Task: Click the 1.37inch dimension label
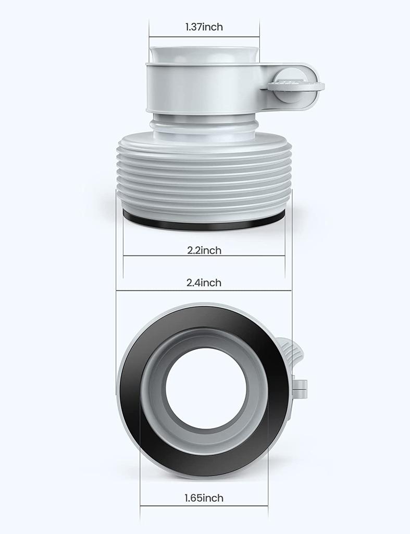(x=204, y=27)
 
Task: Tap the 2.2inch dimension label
(x=204, y=250)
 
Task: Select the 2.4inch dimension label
(x=204, y=283)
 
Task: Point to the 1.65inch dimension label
(x=204, y=498)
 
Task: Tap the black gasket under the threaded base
(x=204, y=224)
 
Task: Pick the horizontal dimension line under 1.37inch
(x=204, y=37)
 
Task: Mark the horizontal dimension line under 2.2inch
(x=204, y=256)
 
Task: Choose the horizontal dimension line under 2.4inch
(x=204, y=291)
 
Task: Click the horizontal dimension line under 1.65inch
(x=204, y=505)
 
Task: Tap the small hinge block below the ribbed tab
(x=300, y=386)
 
